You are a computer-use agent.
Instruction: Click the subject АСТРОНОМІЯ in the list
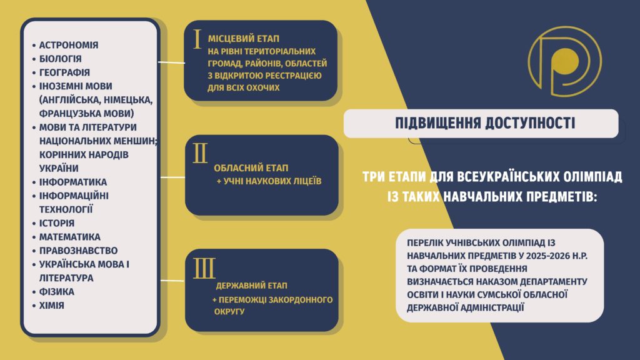coord(69,45)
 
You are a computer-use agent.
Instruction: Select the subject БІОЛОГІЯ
coord(61,59)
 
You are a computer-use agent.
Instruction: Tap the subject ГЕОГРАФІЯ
coord(64,72)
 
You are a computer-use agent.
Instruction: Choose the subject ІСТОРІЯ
coord(57,223)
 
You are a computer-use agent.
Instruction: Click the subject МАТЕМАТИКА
coord(70,237)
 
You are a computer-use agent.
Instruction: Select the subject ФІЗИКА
coord(57,292)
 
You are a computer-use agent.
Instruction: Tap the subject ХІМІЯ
coord(52,305)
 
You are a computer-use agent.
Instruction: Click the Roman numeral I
coord(197,39)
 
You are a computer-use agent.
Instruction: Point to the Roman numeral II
coord(200,154)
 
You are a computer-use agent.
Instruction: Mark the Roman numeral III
coord(204,268)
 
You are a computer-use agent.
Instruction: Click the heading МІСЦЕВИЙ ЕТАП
coord(244,39)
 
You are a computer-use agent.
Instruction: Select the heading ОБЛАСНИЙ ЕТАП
coord(251,167)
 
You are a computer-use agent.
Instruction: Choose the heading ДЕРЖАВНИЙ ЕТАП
coord(252,286)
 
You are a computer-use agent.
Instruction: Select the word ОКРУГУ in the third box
coord(229,311)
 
